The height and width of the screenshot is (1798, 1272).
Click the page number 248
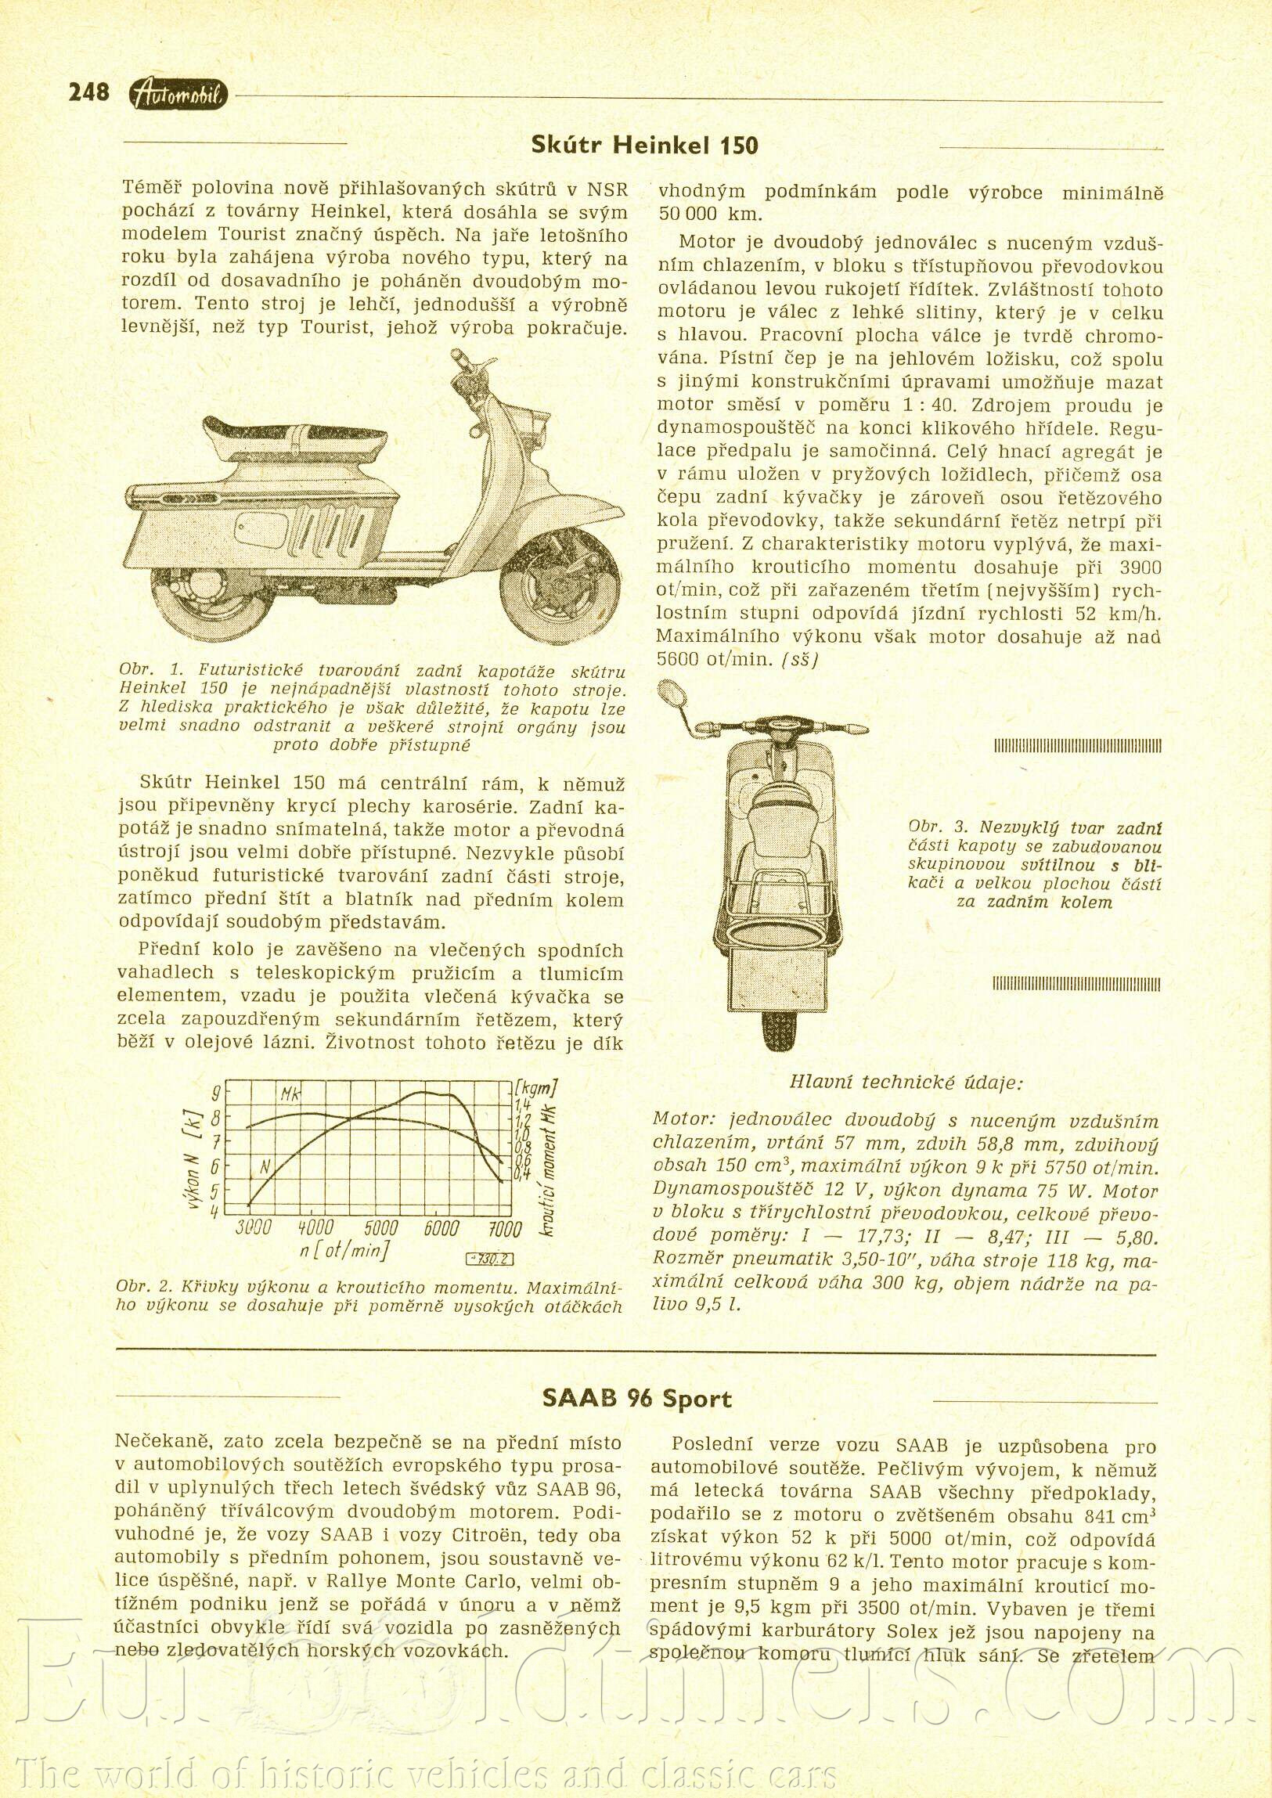pos(88,92)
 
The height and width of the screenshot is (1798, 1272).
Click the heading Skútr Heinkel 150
pos(644,145)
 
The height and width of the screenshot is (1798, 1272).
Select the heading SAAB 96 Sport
pos(637,1400)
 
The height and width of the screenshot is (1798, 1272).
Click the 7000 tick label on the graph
pos(504,1229)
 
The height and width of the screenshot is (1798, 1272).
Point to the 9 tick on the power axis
pos(216,1093)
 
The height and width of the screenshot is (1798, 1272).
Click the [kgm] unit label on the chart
pos(536,1088)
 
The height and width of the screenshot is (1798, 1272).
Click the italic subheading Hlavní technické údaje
pos(906,1083)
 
